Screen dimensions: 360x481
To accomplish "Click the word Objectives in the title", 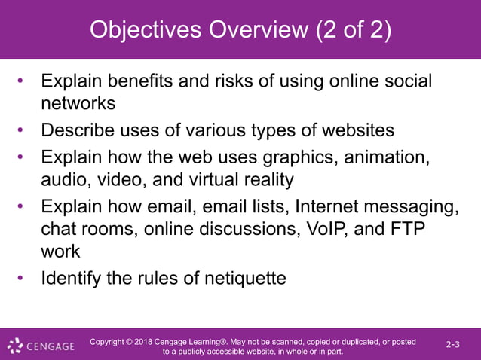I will click(x=144, y=30).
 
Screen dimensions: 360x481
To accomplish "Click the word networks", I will click(x=78, y=102).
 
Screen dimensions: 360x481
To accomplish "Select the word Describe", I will click(x=80, y=130).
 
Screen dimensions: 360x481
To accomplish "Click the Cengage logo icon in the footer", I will click(x=15, y=346).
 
